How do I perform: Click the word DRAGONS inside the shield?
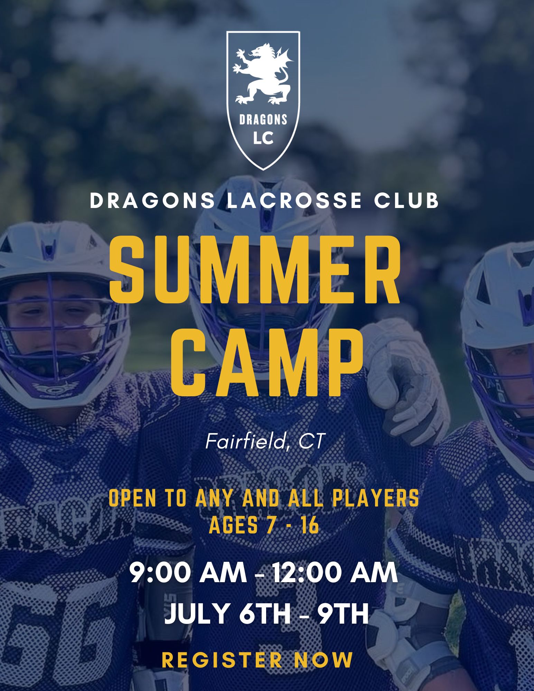click(263, 120)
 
